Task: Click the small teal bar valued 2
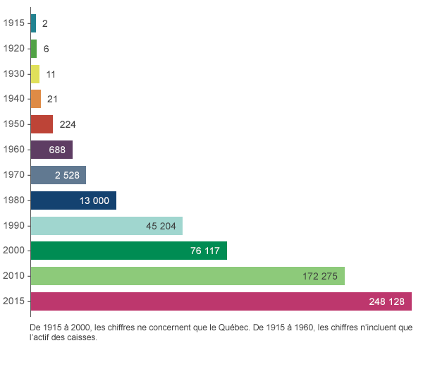pos(34,23)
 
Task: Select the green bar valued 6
pos(35,49)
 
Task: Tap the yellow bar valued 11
pos(36,74)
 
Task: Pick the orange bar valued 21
pos(37,99)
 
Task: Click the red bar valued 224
pos(42,124)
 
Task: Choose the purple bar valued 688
pos(52,150)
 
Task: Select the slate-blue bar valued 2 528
pos(59,175)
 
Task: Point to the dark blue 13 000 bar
pos(74,200)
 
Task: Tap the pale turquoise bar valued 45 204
pos(107,226)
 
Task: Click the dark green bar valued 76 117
pos(129,251)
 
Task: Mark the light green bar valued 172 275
pos(188,276)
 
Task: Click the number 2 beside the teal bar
pos(45,23)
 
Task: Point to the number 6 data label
pos(46,49)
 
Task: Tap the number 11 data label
pos(51,74)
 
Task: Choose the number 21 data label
pos(51,99)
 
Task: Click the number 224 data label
pos(68,124)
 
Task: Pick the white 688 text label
pos(57,150)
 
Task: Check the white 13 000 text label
pos(94,200)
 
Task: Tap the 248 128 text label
pos(386,301)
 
